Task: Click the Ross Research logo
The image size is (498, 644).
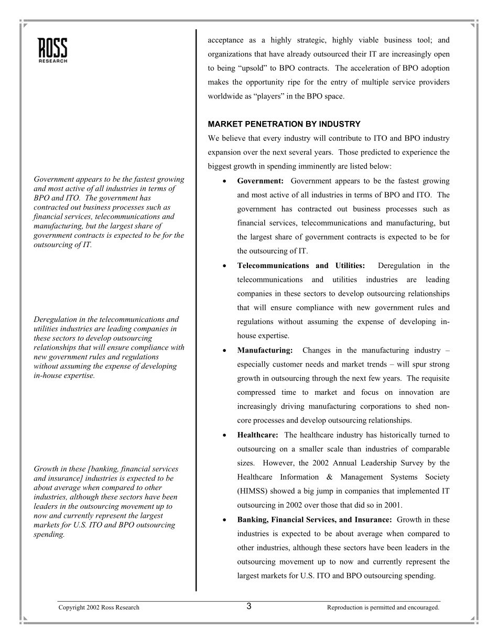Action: click(53, 50)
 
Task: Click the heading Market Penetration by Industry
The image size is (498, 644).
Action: click(284, 124)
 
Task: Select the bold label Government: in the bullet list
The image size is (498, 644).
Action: click(260, 181)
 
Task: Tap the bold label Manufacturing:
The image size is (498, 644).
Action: click(265, 350)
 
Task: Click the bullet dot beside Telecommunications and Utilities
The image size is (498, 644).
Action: click(224, 266)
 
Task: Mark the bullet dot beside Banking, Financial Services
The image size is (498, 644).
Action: click(224, 520)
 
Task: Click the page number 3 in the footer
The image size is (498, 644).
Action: click(249, 607)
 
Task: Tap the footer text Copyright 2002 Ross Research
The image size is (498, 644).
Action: click(99, 607)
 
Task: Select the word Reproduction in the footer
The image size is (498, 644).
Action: click(343, 607)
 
